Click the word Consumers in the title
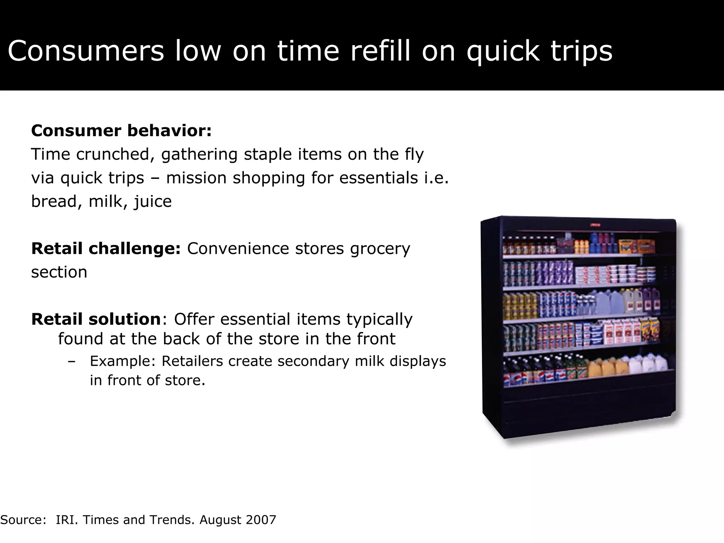click(x=86, y=52)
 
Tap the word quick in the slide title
click(x=503, y=52)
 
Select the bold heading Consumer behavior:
click(x=121, y=131)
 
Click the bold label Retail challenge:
click(x=106, y=249)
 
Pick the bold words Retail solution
click(x=96, y=319)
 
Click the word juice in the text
click(x=153, y=202)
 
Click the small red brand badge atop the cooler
click(x=595, y=225)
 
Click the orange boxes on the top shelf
click(x=636, y=246)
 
